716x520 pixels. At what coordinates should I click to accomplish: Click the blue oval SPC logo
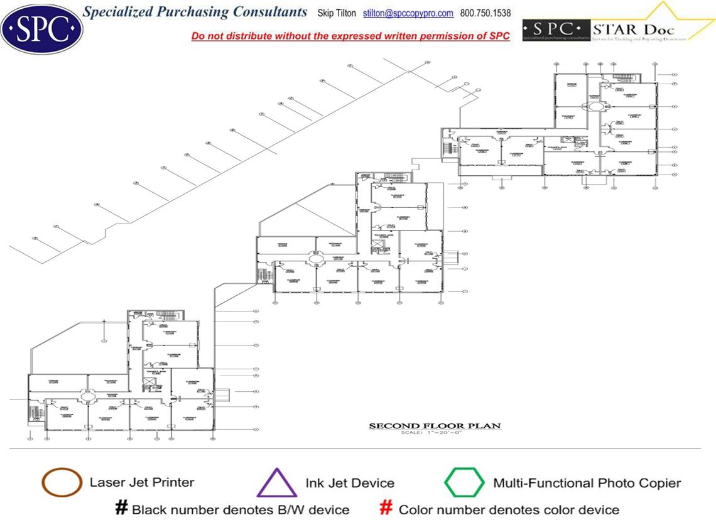click(x=41, y=28)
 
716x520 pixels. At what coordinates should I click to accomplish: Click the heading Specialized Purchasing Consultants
click(x=195, y=12)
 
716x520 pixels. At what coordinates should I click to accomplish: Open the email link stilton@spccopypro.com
click(x=408, y=13)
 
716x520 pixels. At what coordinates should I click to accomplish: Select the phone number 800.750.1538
click(x=485, y=13)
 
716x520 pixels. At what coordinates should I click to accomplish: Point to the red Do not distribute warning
click(x=350, y=36)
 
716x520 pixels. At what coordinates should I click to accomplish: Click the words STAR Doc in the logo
click(x=633, y=30)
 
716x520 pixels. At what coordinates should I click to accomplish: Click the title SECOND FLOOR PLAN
click(x=435, y=426)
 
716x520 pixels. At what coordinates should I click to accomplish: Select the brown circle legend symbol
click(x=61, y=483)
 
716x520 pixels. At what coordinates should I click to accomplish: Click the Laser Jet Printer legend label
click(x=142, y=482)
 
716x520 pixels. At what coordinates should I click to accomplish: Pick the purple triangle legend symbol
click(x=277, y=484)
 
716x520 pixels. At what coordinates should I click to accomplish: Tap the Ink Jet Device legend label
click(x=350, y=483)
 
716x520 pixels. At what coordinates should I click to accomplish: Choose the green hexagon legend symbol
click(x=464, y=482)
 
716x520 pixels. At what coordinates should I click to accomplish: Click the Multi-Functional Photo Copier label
click(x=587, y=483)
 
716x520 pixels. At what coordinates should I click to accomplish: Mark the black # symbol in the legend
click(x=122, y=508)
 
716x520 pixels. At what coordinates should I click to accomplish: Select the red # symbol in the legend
click(x=388, y=508)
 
